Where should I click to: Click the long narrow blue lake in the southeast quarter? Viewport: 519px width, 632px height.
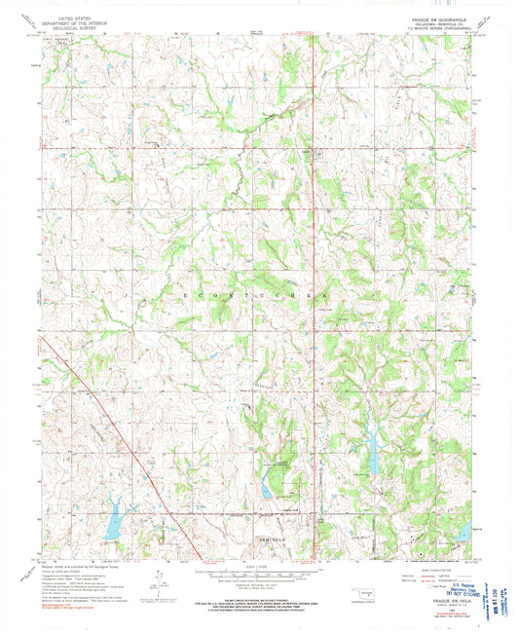[x=373, y=449]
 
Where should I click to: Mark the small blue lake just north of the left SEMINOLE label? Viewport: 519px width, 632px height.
[x=266, y=490]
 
